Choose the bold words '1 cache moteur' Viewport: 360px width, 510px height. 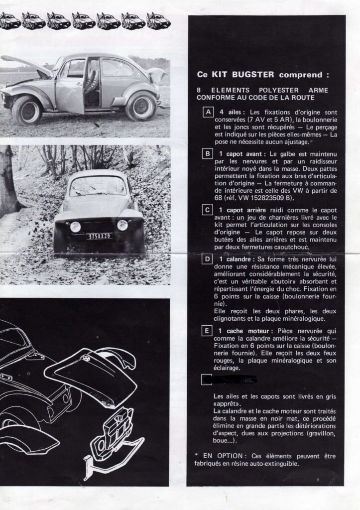tap(243, 331)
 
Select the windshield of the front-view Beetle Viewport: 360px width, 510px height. tap(98, 186)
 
